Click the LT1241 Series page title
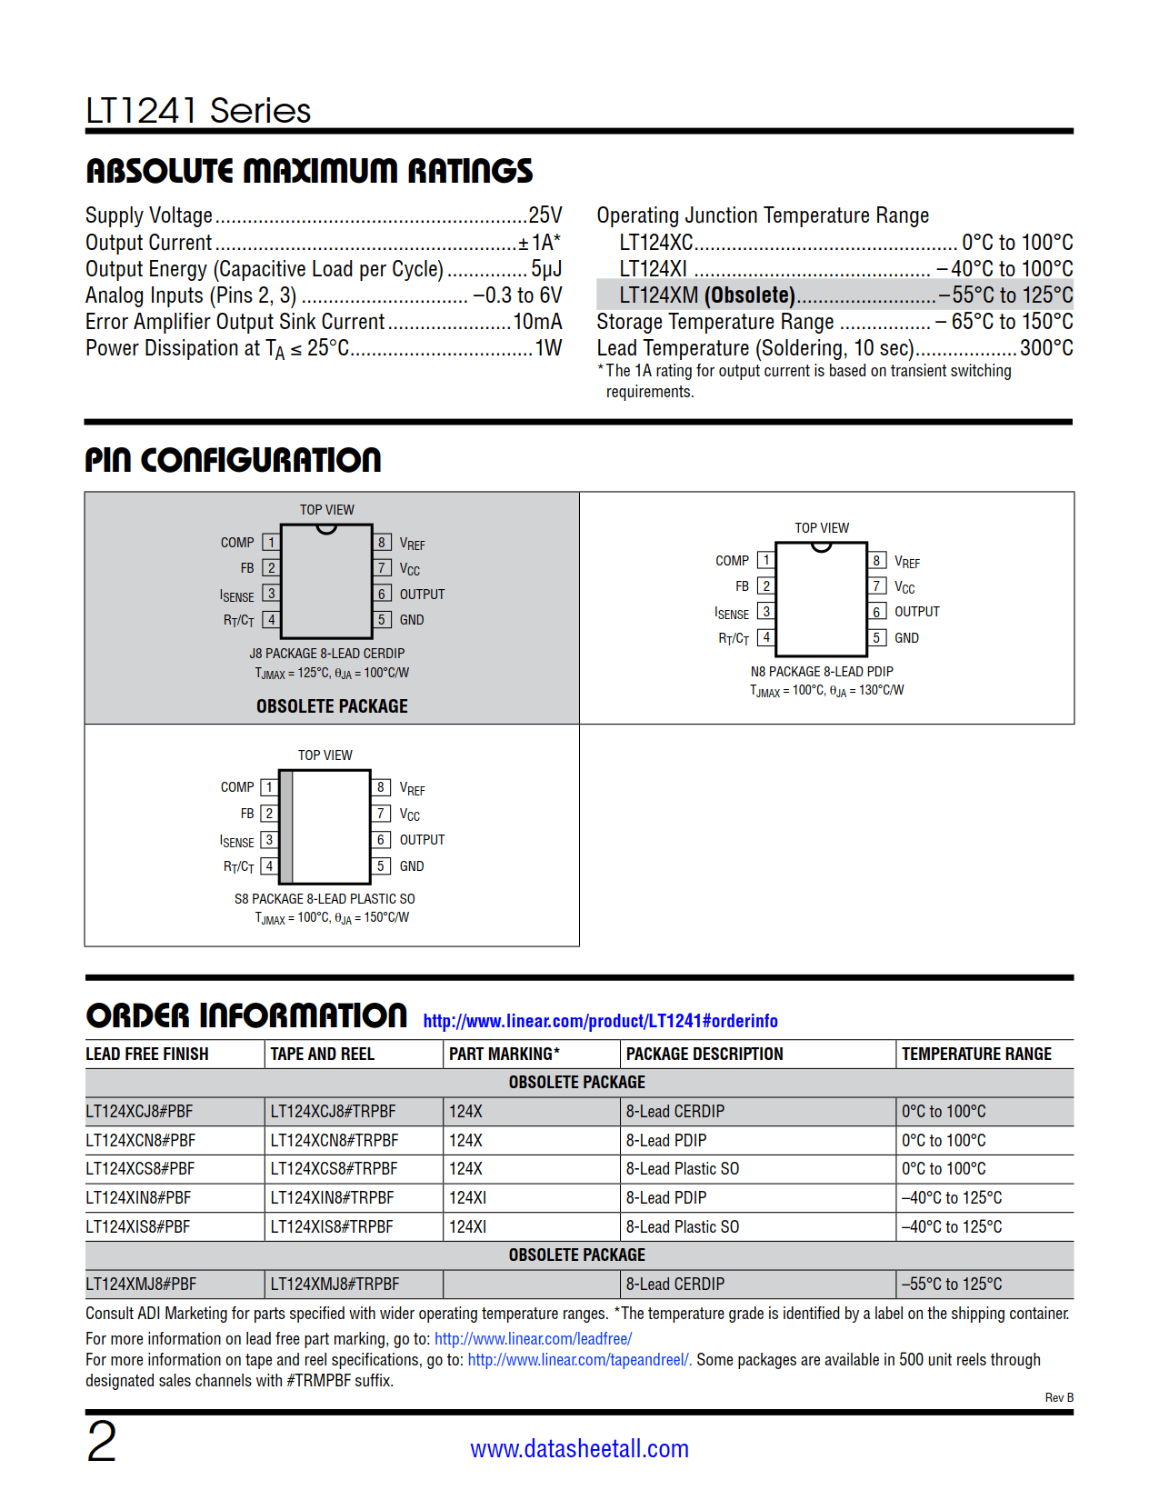click(x=198, y=111)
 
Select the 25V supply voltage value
click(x=545, y=215)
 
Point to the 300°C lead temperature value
click(x=1046, y=348)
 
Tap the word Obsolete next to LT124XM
click(x=751, y=295)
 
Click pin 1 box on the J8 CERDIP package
click(x=271, y=543)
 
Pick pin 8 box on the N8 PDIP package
click(x=877, y=561)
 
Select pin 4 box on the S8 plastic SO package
click(x=269, y=866)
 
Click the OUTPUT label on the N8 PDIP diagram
click(x=917, y=612)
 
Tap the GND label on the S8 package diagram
click(x=412, y=866)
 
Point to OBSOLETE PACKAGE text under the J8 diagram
click(x=332, y=706)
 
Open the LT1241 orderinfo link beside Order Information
click(x=600, y=1021)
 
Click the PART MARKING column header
click(x=504, y=1054)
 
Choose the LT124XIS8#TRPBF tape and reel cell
click(x=332, y=1226)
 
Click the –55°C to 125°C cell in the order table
click(x=952, y=1284)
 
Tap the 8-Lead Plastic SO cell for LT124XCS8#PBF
click(x=682, y=1169)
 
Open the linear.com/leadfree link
click(x=533, y=1338)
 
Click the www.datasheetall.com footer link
click(x=579, y=1448)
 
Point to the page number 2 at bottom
click(x=102, y=1441)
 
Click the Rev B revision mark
click(x=1059, y=1397)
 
